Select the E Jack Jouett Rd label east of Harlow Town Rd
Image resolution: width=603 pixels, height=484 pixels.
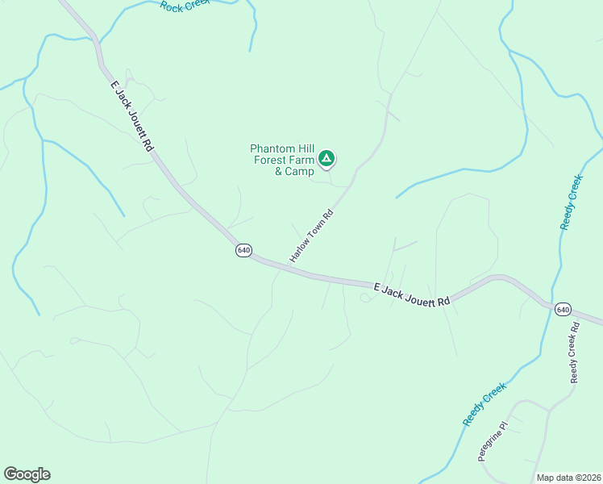[x=411, y=294]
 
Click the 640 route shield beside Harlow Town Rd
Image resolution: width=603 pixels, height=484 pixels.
[x=244, y=251]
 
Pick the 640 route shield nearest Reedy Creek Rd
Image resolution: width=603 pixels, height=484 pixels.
[x=562, y=310]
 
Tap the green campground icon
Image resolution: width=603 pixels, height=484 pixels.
[x=326, y=158]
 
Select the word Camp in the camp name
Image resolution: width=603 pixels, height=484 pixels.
[x=299, y=171]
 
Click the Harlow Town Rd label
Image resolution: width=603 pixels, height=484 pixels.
[x=311, y=236]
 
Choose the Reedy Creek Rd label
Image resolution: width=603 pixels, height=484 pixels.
[x=575, y=353]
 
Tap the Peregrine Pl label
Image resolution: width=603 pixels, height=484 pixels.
[x=493, y=440]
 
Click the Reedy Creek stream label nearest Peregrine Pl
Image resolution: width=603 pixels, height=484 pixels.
[x=483, y=404]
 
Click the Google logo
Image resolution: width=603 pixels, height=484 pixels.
[x=27, y=474]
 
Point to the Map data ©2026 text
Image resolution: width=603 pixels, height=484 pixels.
[x=568, y=478]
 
